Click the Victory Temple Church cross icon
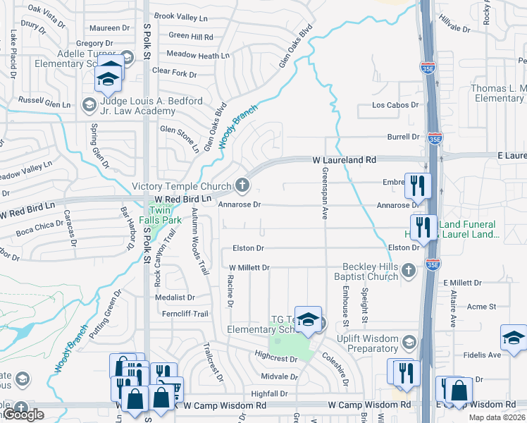[x=242, y=186]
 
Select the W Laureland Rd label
[x=345, y=161]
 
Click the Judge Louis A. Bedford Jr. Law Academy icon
[x=89, y=105]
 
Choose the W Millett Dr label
[x=249, y=268]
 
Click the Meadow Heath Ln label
[x=198, y=55]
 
